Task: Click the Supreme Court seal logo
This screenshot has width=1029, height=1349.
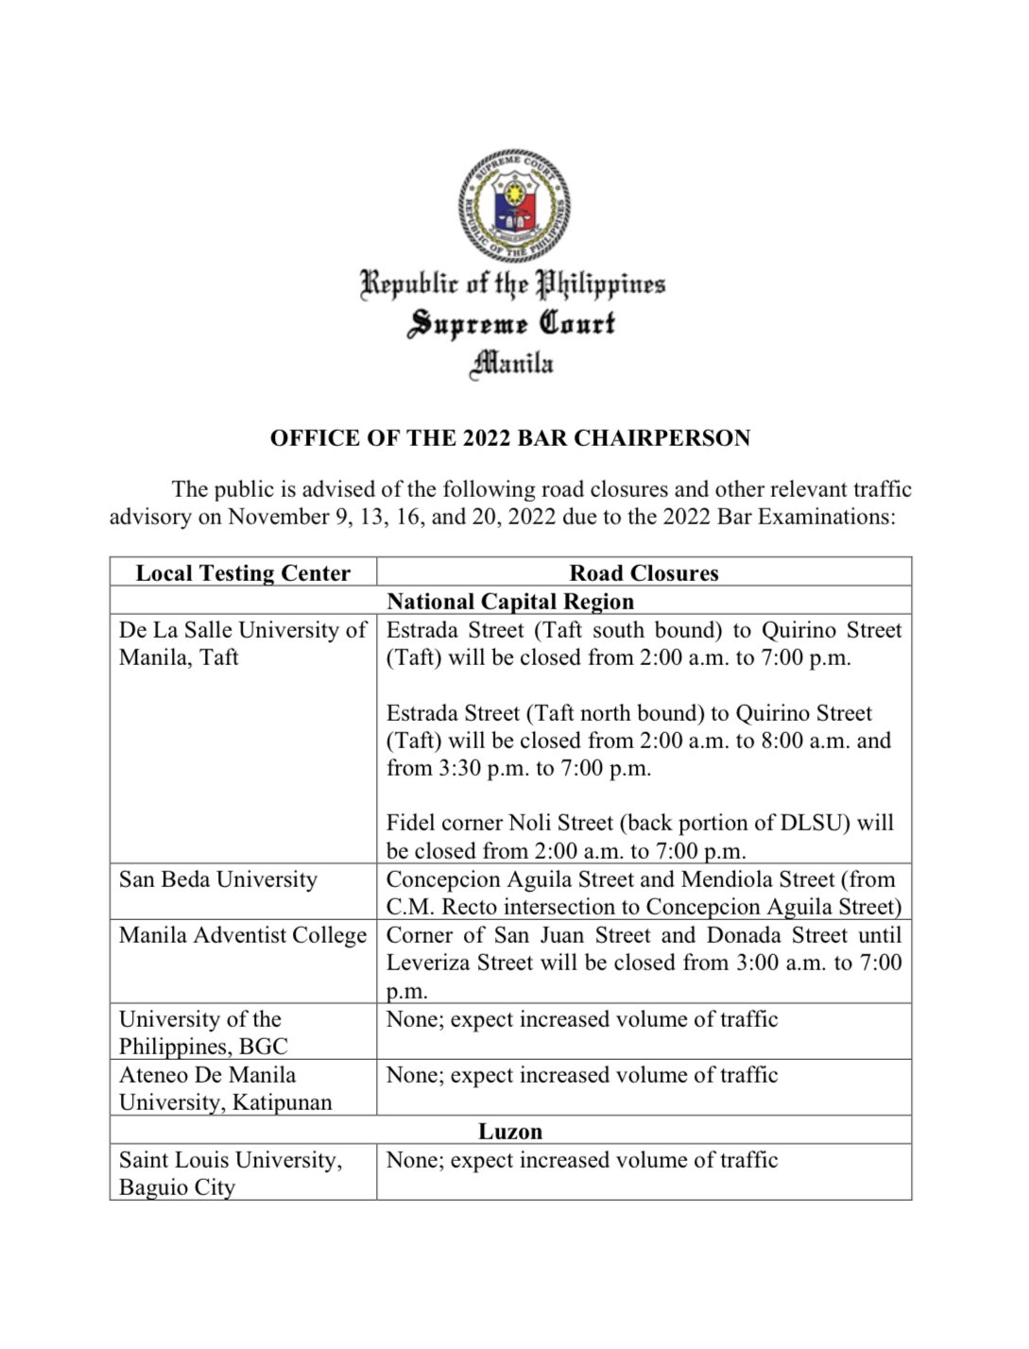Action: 514,205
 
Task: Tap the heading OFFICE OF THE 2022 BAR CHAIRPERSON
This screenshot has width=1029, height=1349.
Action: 510,438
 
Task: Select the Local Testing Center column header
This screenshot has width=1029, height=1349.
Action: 243,573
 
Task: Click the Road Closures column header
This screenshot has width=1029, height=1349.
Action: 643,573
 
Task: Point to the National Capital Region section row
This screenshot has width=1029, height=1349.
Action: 510,602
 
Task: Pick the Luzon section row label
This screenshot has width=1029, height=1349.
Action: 510,1131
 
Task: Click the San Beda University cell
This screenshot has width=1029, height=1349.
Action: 218,879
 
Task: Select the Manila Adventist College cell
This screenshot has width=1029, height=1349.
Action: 243,935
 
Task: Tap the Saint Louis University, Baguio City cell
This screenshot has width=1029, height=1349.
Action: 230,1172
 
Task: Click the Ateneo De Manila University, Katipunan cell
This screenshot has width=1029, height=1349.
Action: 225,1088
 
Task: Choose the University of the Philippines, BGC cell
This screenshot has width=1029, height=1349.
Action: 203,1033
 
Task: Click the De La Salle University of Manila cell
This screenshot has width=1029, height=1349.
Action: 242,643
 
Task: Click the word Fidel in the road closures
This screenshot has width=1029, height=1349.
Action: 411,823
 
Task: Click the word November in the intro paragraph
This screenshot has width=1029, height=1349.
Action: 274,517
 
